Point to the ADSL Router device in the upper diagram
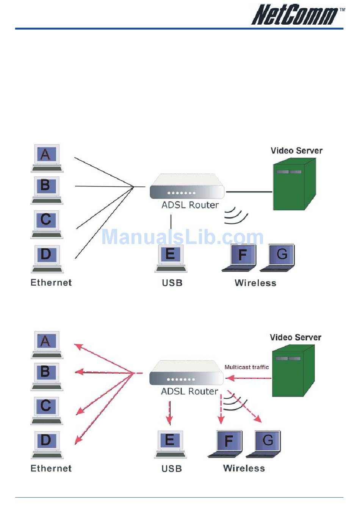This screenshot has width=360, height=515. (x=187, y=187)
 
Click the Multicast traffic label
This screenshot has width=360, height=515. (x=247, y=367)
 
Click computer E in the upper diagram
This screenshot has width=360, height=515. (x=171, y=258)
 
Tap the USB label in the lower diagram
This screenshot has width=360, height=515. (x=172, y=468)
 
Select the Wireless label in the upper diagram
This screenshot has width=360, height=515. (x=255, y=283)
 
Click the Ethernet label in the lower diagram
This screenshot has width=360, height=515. (x=51, y=468)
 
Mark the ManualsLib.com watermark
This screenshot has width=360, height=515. (x=182, y=237)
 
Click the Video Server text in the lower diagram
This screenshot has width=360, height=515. (x=295, y=337)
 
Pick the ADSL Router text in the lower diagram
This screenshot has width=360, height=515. (x=189, y=391)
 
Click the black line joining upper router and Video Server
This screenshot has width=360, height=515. (x=249, y=192)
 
